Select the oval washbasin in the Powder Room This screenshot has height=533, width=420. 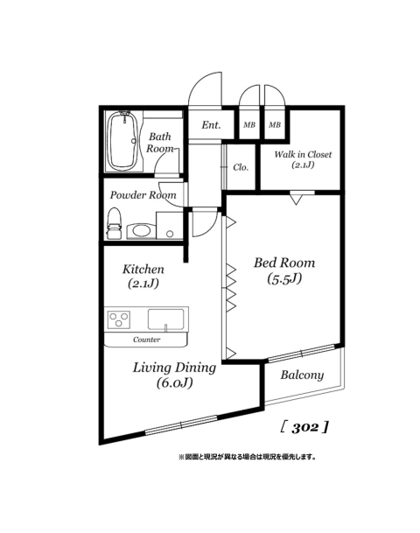point(142,231)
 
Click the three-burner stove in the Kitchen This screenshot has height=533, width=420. point(119,319)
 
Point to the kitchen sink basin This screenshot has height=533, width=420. point(166,319)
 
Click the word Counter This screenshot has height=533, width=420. point(146,340)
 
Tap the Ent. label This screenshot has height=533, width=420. point(211,125)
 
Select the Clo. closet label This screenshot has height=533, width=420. point(241,167)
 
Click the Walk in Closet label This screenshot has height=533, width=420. point(303,154)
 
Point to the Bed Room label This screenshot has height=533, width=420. point(284,263)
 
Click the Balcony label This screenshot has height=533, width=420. point(302,375)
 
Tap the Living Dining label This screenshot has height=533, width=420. point(174,368)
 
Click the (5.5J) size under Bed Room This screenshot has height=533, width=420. point(284,278)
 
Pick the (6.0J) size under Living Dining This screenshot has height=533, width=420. point(175,383)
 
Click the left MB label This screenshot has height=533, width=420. point(249,125)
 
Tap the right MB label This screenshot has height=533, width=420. point(275,125)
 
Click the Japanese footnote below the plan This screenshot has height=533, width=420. point(248,457)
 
